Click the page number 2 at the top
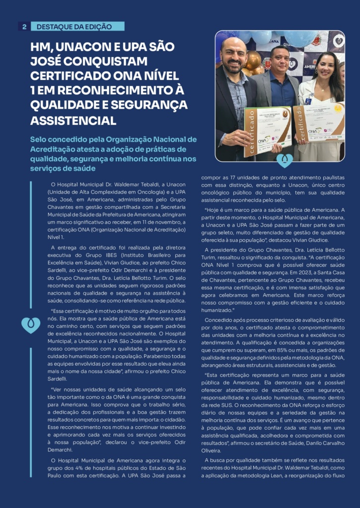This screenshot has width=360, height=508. [x=24, y=26]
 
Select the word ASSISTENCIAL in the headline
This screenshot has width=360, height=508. [x=73, y=120]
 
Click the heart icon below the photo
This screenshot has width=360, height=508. [x=284, y=160]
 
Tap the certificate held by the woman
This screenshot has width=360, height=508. [x=319, y=122]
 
